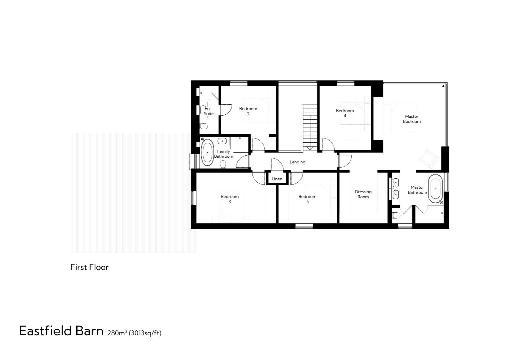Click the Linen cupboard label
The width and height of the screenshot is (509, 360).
(x=277, y=179)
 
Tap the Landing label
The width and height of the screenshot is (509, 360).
(x=297, y=162)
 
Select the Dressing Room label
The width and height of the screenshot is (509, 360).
(x=363, y=194)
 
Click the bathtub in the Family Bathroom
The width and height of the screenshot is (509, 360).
(x=207, y=153)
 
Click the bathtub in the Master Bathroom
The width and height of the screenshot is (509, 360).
(x=435, y=189)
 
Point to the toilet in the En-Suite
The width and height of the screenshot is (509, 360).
(x=204, y=126)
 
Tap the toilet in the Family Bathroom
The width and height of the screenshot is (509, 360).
(x=223, y=164)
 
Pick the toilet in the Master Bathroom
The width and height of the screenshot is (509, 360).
(x=396, y=215)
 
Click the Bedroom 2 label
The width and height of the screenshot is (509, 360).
(x=248, y=111)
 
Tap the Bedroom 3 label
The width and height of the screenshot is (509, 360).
(x=230, y=199)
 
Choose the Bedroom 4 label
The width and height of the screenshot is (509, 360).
(x=345, y=113)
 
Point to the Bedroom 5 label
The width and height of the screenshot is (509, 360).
(x=307, y=199)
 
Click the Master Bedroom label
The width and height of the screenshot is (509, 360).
(x=412, y=119)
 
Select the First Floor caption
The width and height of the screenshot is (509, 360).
(x=89, y=267)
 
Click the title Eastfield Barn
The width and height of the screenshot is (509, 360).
(x=61, y=331)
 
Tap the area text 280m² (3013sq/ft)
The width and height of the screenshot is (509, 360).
(x=134, y=333)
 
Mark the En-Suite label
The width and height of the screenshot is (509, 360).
(x=209, y=111)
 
